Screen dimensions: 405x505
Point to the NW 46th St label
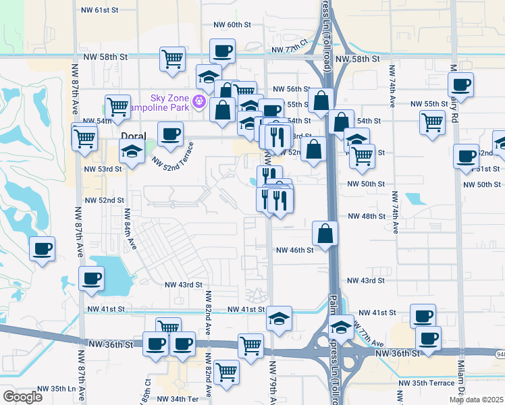295,250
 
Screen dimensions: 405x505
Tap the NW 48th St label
365,216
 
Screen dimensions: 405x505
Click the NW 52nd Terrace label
173,155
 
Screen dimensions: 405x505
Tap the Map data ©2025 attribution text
476,400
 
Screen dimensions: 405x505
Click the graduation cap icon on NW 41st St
278,318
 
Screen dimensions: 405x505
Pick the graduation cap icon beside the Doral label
131,153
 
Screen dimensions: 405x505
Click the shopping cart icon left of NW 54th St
117,106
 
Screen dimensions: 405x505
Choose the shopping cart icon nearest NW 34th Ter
227,371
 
